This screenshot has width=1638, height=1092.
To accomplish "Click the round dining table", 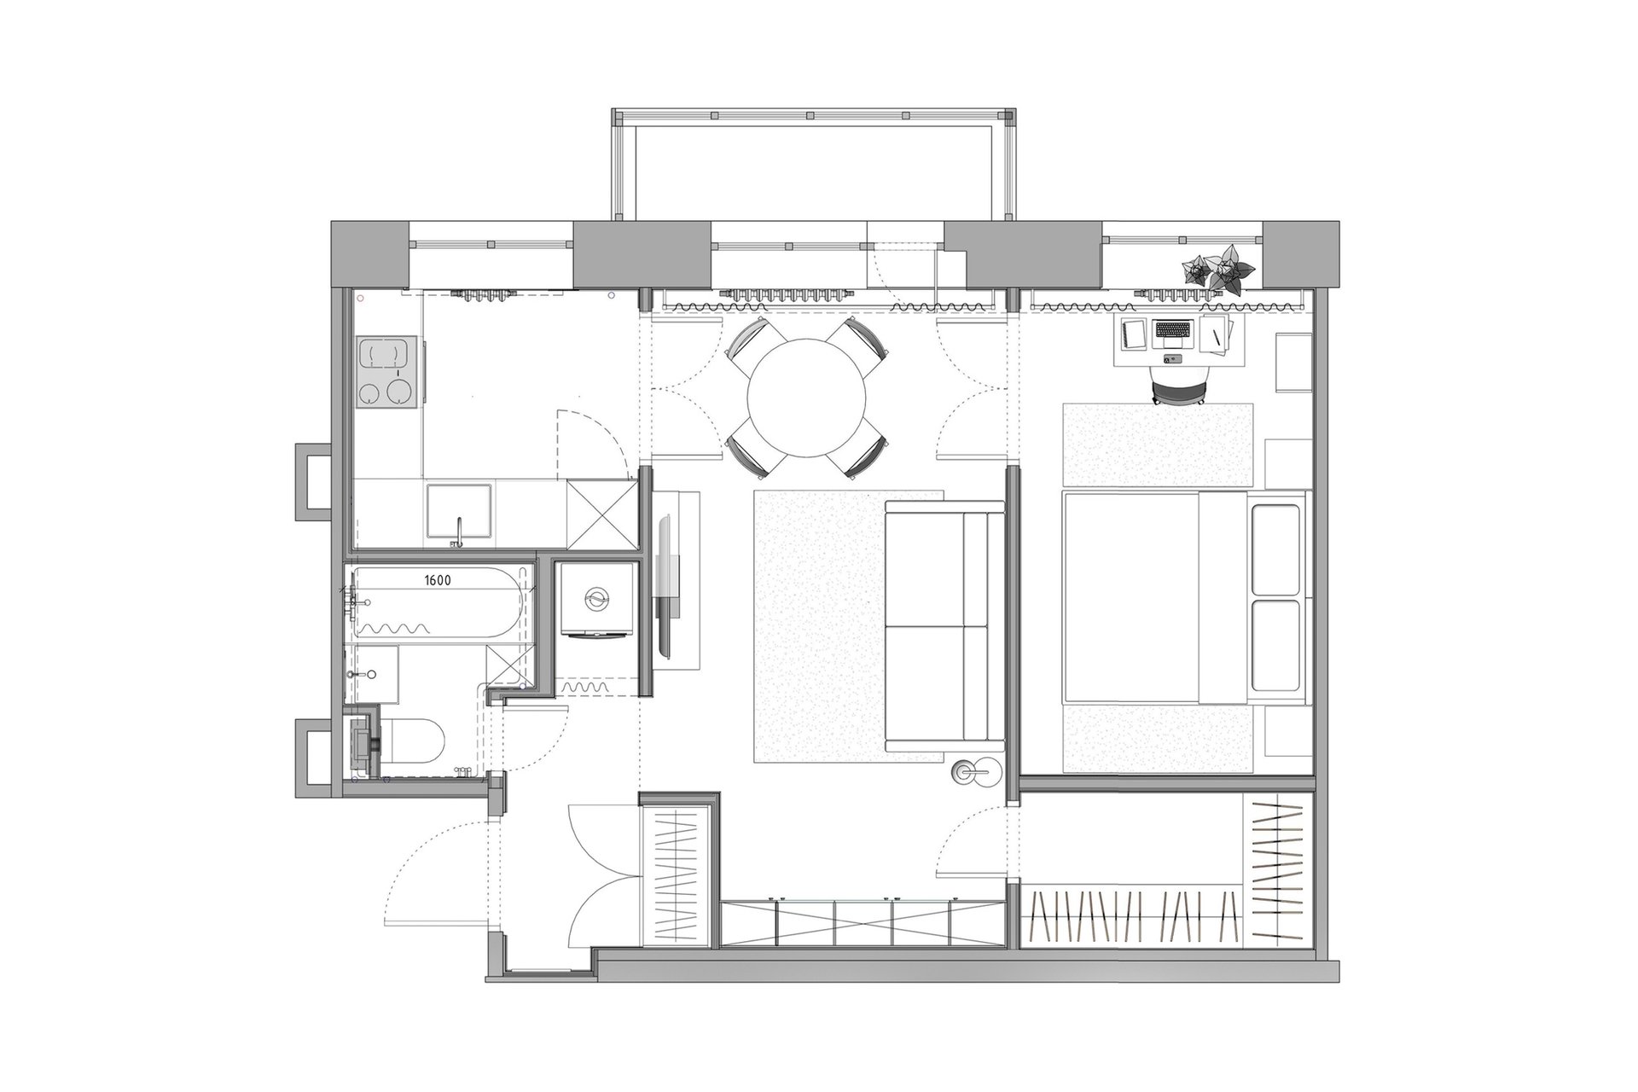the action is pyautogui.click(x=806, y=396).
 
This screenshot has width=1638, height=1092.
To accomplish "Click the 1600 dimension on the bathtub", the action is pyautogui.click(x=437, y=580).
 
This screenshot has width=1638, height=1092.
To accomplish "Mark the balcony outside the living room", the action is pyautogui.click(x=813, y=166).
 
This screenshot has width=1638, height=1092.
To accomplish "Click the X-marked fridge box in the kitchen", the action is pyautogui.click(x=601, y=514).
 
